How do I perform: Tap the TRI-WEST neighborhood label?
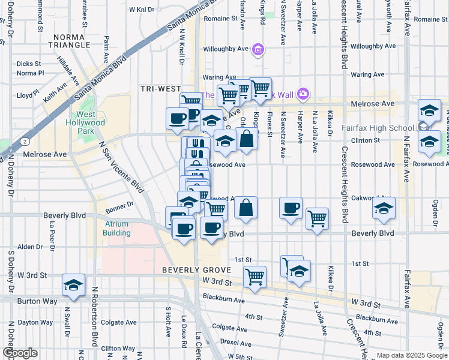click(161, 88)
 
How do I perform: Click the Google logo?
click(20, 353)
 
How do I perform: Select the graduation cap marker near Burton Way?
click(73, 286)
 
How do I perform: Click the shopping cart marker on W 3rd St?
click(255, 277)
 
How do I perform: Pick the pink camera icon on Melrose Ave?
click(303, 93)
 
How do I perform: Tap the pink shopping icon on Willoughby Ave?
click(258, 49)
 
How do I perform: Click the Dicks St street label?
click(28, 63)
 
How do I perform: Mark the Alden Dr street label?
click(29, 247)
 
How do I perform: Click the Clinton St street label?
click(369, 140)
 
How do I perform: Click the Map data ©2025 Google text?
click(412, 355)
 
